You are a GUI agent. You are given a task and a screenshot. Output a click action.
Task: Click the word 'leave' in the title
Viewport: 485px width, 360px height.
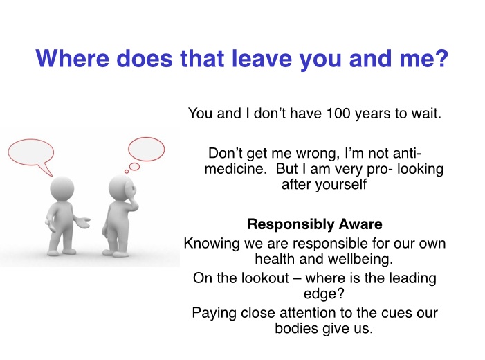click(262, 58)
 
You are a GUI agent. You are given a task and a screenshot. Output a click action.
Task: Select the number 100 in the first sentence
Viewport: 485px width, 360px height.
click(338, 114)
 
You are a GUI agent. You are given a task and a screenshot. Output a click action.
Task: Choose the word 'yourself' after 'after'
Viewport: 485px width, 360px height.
click(341, 185)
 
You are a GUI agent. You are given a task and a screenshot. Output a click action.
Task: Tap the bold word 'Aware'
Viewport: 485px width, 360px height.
click(360, 224)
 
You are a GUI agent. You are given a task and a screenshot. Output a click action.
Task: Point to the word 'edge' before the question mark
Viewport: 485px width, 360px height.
click(320, 294)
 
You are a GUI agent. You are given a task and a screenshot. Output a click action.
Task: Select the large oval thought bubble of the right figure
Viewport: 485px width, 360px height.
click(146, 150)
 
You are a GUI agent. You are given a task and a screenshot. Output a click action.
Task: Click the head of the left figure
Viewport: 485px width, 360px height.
click(62, 189)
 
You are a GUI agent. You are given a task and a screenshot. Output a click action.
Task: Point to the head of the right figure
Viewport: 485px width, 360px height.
click(122, 188)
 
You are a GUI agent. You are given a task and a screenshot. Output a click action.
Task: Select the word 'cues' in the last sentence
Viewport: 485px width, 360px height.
click(396, 313)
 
